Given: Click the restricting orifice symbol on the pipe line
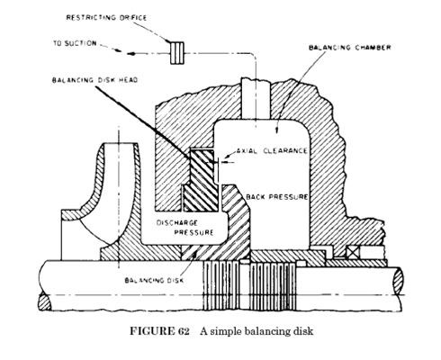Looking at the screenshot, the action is pos(177,53).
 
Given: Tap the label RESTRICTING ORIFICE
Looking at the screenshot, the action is pos(106,18).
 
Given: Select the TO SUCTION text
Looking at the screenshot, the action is pos(75,43).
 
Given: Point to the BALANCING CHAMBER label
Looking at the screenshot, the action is pos(350,48).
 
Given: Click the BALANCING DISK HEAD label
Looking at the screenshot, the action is pos(94,80).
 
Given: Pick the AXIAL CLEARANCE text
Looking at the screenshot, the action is pos(272,150).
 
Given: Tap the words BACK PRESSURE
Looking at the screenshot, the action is pos(277,197).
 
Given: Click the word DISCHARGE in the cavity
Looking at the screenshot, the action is pos(177,223).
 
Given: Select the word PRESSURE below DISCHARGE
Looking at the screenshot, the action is pos(193,232).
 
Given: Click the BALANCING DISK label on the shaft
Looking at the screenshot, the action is pos(154,281).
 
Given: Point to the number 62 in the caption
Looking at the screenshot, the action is pos(183,331).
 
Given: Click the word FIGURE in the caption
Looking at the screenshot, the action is pos(151,331).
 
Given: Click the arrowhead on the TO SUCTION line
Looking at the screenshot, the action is pos(130,54).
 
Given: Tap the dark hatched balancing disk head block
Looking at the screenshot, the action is pos(201,180).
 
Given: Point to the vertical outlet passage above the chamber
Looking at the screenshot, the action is pos(256,98).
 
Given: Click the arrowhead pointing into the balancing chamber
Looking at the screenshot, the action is pos(276,130).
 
